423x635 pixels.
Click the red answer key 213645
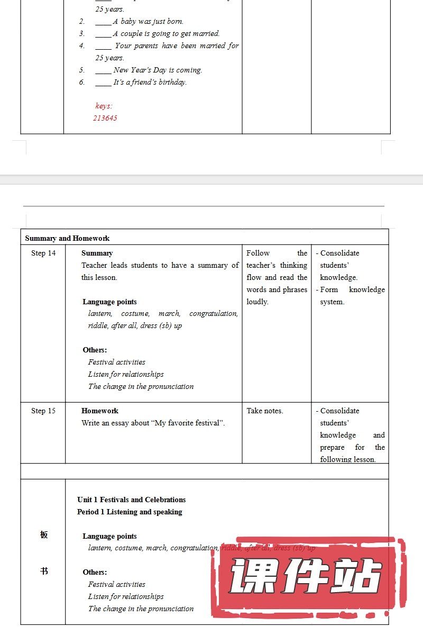coord(105,118)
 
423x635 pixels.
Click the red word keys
coord(104,106)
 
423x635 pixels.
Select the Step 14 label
coord(43,253)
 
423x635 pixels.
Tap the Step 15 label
coord(43,411)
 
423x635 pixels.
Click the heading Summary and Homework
coord(67,238)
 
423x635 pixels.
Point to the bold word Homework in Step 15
coord(100,411)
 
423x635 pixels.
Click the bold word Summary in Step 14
coord(97,253)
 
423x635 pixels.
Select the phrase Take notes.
coord(265,411)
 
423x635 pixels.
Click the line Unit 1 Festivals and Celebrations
coord(131,500)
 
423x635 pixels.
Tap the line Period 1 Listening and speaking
coord(130,512)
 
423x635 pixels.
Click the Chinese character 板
coord(44,534)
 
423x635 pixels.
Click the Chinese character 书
coord(44,571)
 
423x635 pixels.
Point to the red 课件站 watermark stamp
coord(307,577)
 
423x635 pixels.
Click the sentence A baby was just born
coord(148,22)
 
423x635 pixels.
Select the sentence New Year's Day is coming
coord(158,70)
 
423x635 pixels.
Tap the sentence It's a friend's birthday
coord(150,82)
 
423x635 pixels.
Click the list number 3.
coord(82,33)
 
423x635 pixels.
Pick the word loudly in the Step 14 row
coord(258,302)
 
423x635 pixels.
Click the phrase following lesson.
coord(347,459)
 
